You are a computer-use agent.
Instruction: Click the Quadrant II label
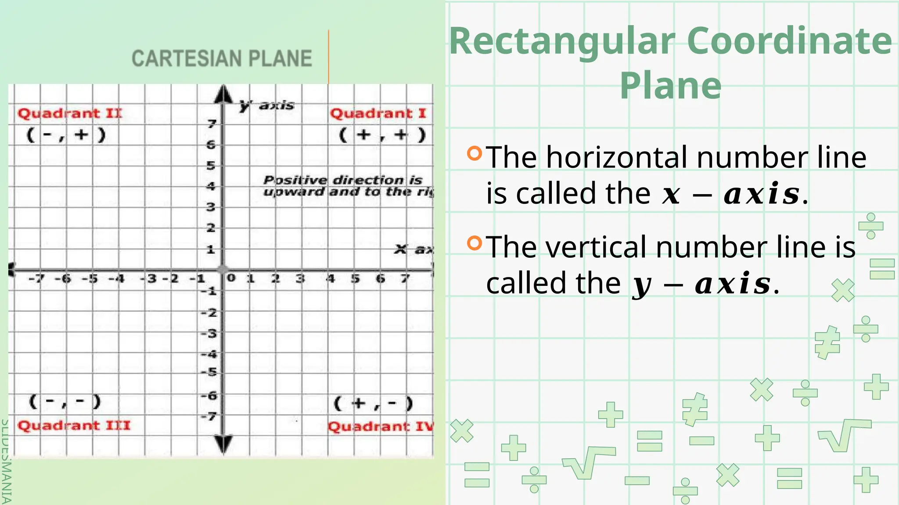(70, 114)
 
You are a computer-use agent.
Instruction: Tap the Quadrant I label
(378, 114)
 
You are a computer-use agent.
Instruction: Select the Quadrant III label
(74, 426)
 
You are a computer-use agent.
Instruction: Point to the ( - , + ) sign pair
(66, 135)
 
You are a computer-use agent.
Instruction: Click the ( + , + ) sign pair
(382, 135)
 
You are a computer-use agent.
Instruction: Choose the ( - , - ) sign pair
(65, 401)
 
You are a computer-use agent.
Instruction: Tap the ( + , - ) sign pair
(374, 403)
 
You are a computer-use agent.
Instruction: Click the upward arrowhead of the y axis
(224, 94)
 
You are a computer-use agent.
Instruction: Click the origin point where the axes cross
(223, 270)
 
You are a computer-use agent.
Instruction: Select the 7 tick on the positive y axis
(212, 124)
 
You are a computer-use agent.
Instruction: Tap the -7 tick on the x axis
(37, 278)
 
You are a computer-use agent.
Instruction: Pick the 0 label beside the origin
(231, 277)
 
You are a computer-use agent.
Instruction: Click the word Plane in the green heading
(670, 85)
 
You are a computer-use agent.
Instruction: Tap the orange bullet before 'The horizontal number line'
(475, 153)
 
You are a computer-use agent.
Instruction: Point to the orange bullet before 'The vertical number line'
(475, 243)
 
